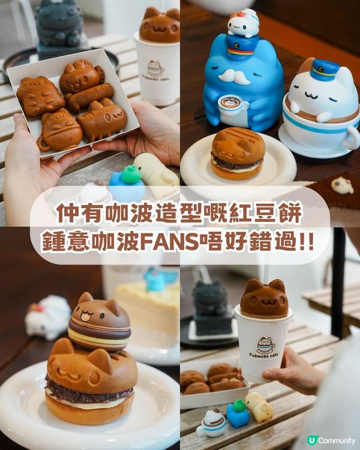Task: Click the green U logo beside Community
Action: (311, 440)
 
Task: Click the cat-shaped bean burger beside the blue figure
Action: (238, 153)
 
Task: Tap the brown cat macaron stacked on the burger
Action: (100, 321)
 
